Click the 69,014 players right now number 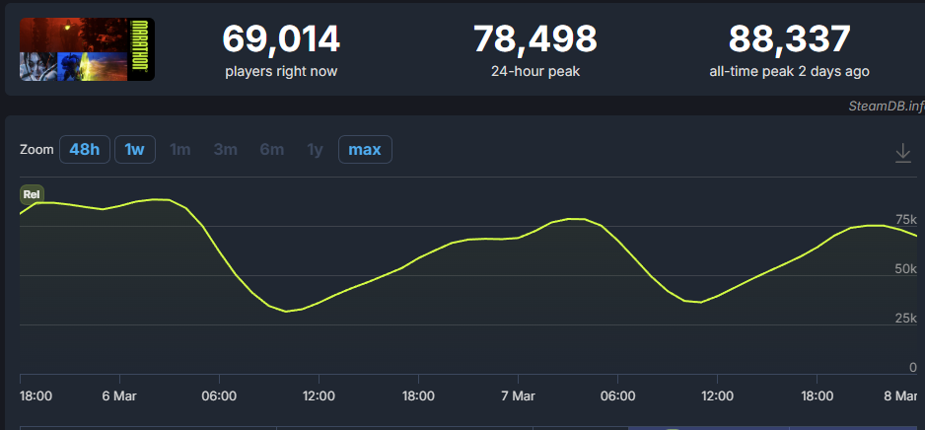(281, 39)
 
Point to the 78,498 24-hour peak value (534, 39)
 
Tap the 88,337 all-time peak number (789, 39)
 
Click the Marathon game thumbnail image (87, 49)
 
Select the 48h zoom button (84, 150)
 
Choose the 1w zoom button (134, 150)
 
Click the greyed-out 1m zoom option (179, 150)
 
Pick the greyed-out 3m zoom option (225, 150)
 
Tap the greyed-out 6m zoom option (271, 150)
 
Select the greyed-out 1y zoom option (315, 150)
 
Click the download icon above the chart (902, 153)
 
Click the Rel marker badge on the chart (32, 194)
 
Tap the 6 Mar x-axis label (119, 395)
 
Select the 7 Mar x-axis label (518, 395)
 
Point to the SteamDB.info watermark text (886, 107)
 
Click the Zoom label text (36, 150)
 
